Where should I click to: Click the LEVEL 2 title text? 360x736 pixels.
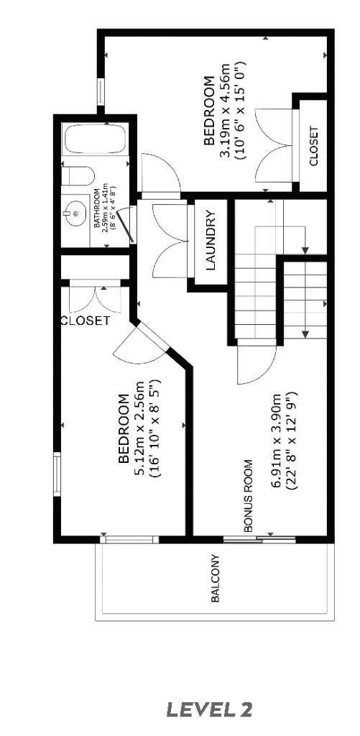[x=209, y=710]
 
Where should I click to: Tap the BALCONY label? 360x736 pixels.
[x=216, y=579]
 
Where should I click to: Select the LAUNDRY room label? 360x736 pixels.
[x=211, y=240]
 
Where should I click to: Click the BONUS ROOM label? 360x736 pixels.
[x=248, y=495]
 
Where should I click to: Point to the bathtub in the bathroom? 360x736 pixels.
[x=94, y=139]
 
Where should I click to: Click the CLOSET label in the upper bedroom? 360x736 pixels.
[x=313, y=147]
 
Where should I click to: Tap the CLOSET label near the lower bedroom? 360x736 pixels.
[x=85, y=321]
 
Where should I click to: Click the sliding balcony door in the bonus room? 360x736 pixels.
[x=259, y=538]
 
